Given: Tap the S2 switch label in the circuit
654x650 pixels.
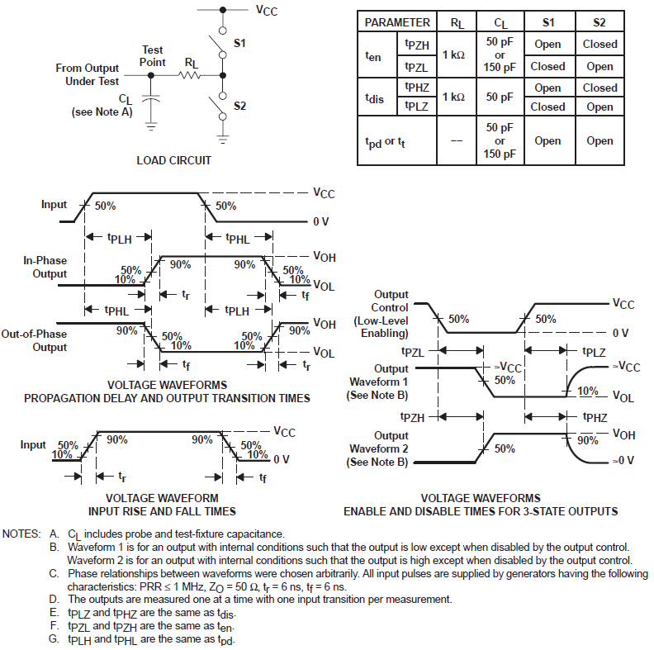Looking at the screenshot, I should click(239, 106).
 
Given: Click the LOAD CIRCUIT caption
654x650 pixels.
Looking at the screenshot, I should click(174, 160).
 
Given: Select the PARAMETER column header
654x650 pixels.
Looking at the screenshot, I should click(397, 22).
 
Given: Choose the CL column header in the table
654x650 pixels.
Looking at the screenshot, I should click(500, 22).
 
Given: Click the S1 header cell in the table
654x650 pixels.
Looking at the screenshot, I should click(547, 22).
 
